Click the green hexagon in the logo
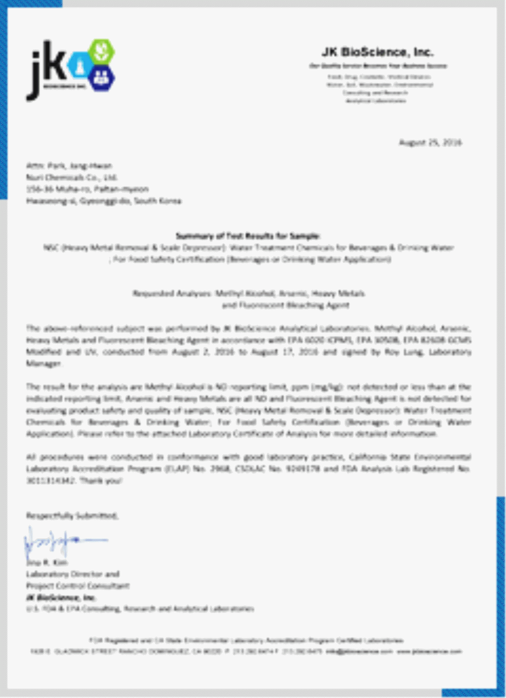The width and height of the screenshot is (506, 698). pos(101,52)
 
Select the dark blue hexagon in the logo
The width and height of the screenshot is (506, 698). pos(101,78)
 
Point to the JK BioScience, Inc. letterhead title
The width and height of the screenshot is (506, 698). pos(378,52)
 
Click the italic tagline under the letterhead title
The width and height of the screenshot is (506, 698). pos(378,66)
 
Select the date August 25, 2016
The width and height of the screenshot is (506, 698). pos(430,142)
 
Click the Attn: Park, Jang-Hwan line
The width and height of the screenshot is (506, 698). pos(69,166)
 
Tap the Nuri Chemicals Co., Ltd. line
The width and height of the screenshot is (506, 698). pos(72,177)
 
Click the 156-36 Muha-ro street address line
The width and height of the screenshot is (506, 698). pos(87,189)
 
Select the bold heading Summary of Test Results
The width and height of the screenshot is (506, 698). pos(248,235)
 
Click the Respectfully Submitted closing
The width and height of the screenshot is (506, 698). pos(72,516)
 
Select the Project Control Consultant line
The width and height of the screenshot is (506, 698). pos(78,586)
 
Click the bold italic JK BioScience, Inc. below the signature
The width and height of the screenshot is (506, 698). pos(60,597)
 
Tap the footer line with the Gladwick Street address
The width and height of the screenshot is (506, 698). pos(246,651)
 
